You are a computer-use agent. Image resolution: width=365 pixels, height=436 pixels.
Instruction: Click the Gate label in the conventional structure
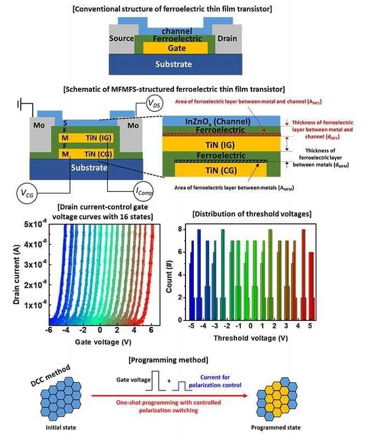point(176,48)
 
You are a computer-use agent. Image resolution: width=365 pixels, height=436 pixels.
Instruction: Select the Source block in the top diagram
point(121,39)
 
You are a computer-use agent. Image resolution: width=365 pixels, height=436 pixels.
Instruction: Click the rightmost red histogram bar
point(311,286)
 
